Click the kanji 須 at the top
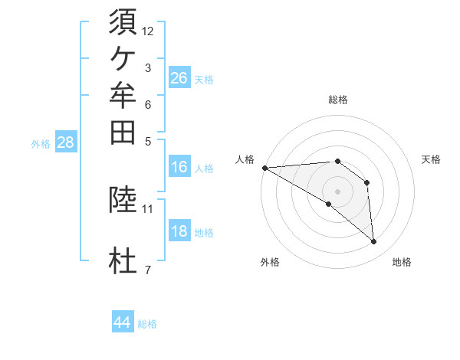pyautogui.click(x=123, y=21)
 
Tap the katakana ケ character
pyautogui.click(x=123, y=59)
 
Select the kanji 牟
pyautogui.click(x=123, y=95)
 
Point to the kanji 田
pyautogui.click(x=123, y=133)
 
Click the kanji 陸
pyautogui.click(x=123, y=199)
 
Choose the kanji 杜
pyautogui.click(x=123, y=260)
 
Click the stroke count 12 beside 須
pyautogui.click(x=147, y=31)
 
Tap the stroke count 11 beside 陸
pyautogui.click(x=147, y=209)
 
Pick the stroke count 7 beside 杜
pyautogui.click(x=148, y=270)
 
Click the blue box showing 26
pyautogui.click(x=179, y=77)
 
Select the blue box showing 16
pyautogui.click(x=179, y=166)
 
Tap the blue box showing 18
pyautogui.click(x=179, y=230)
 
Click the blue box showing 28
pyautogui.click(x=66, y=141)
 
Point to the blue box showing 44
pyautogui.click(x=123, y=321)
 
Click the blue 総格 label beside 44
pyautogui.click(x=147, y=324)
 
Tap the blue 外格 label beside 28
pyautogui.click(x=41, y=144)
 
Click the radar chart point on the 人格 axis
pyautogui.click(x=265, y=168)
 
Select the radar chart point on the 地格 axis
pyautogui.click(x=373, y=242)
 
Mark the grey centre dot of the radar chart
pyautogui.click(x=337, y=192)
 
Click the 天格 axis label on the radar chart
pyautogui.click(x=431, y=159)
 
